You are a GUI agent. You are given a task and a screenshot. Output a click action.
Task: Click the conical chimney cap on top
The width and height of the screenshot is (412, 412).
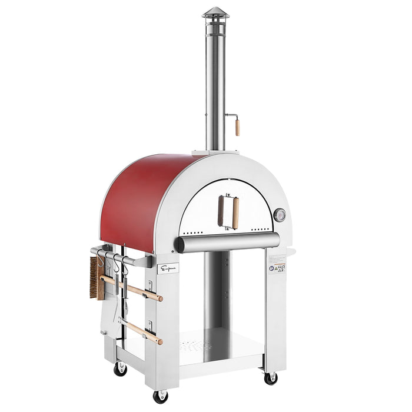(215, 12)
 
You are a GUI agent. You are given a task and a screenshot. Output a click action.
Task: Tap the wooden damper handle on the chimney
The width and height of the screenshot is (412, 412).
(237, 127)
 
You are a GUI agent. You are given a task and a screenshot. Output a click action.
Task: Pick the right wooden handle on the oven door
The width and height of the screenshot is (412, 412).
(235, 212)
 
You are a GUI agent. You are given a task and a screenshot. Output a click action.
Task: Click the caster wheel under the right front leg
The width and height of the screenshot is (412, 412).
(270, 378)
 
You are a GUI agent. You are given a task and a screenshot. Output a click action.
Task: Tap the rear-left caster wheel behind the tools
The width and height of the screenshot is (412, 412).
(121, 370)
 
